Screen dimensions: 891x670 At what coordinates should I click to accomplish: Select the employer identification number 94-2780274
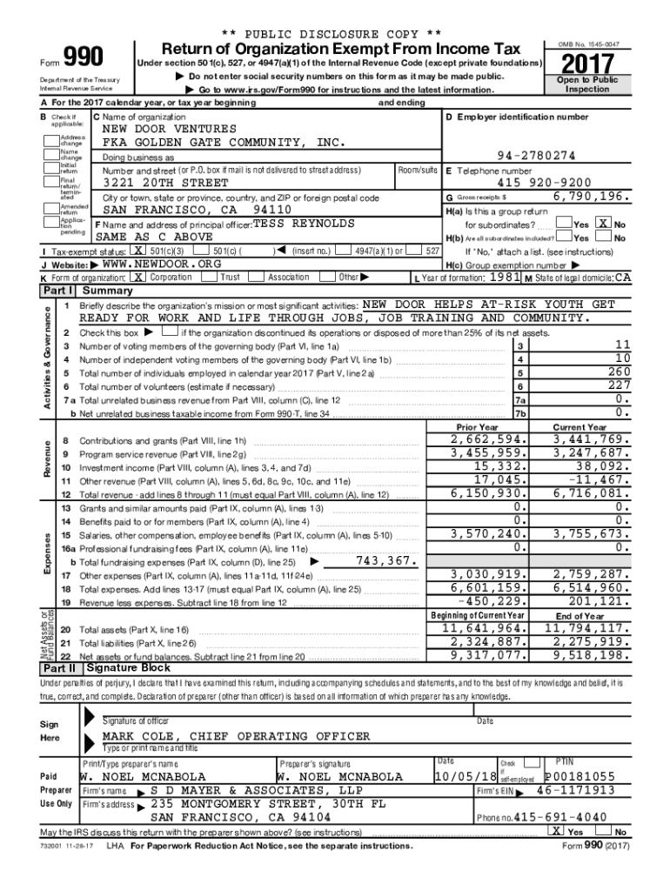(x=535, y=156)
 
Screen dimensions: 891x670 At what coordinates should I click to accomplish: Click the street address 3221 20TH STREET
(x=166, y=184)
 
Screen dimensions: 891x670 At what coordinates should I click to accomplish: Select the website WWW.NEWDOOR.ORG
(x=156, y=264)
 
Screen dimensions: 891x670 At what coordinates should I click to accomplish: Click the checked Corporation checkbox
(x=139, y=277)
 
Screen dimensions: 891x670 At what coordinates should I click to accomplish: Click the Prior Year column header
(x=477, y=427)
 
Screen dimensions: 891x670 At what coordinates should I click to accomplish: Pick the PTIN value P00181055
(x=580, y=776)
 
